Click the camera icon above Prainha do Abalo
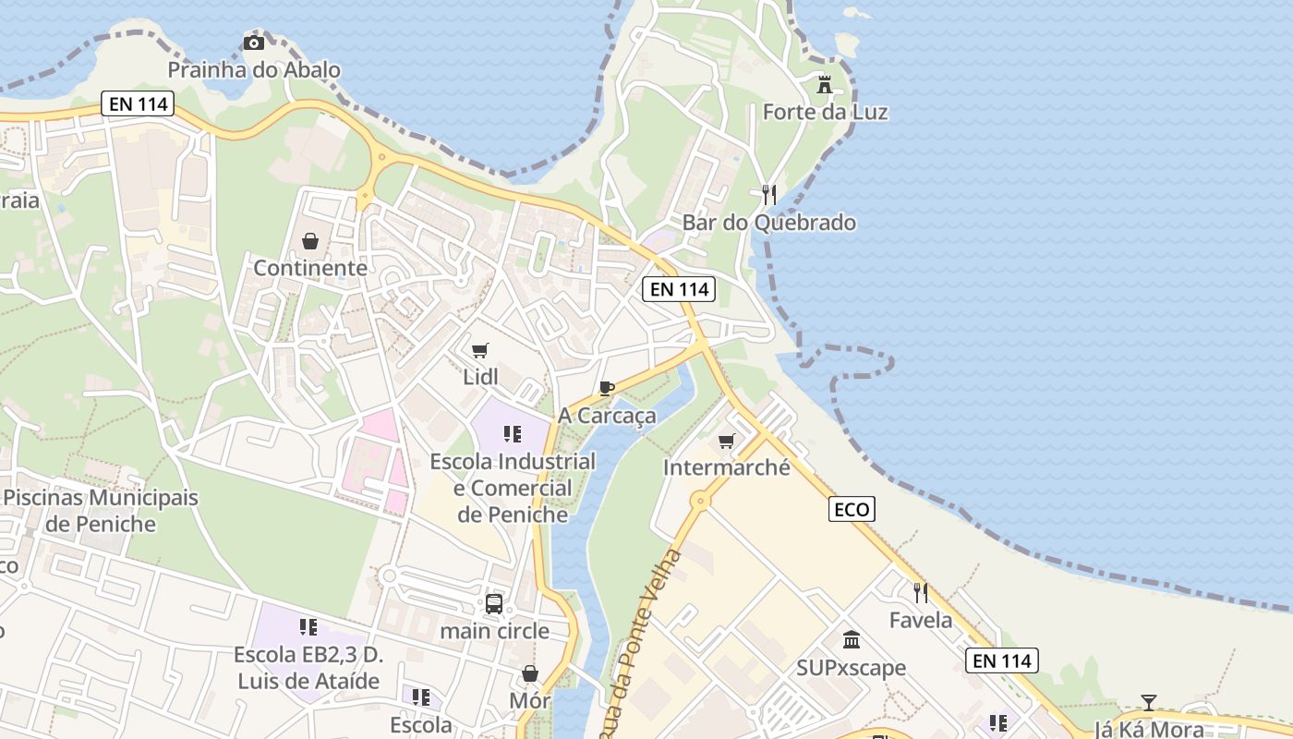(x=253, y=42)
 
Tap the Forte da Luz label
(x=825, y=113)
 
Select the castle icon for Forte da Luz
(x=825, y=85)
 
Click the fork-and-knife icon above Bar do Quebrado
(x=768, y=194)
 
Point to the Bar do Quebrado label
(x=768, y=223)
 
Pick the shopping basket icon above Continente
(x=310, y=241)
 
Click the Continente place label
(x=310, y=269)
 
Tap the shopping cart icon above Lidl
(x=479, y=350)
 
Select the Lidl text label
(x=480, y=377)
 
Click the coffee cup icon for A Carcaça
(x=606, y=388)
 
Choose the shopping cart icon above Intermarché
(x=726, y=441)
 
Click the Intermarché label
(x=727, y=467)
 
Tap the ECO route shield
(x=852, y=509)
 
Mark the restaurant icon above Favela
(x=920, y=592)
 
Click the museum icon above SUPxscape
(x=852, y=639)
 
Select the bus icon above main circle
(x=494, y=604)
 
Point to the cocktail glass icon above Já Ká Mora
(x=1148, y=703)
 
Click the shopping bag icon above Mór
(x=530, y=673)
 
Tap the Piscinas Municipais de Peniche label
(x=100, y=511)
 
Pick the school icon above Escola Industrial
(x=513, y=433)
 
